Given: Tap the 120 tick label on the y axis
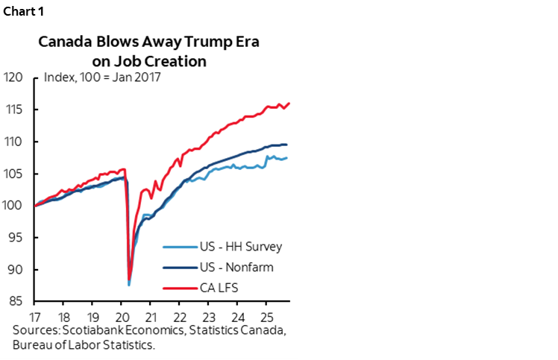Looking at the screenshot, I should click(13, 77).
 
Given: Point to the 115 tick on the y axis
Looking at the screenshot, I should click(13, 110).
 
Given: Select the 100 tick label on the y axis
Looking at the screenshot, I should click(13, 206).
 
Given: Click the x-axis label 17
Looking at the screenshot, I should click(35, 316).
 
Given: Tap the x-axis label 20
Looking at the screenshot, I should click(121, 316).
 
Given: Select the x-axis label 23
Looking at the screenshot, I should click(208, 316).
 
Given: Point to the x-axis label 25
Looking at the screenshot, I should click(266, 316).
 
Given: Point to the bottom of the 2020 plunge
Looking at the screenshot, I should click(129, 284).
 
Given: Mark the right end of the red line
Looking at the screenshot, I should click(289, 104).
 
